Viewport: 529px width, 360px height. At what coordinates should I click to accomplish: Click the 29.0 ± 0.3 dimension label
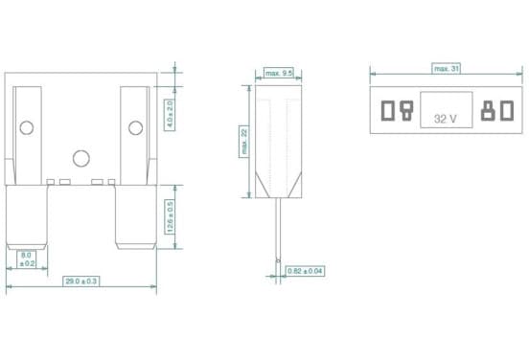[x=80, y=281]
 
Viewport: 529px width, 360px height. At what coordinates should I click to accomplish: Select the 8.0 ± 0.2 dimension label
[x=26, y=259]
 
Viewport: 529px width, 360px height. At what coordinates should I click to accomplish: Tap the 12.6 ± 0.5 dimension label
[x=170, y=216]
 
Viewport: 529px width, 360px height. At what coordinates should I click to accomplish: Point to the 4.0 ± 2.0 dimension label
[x=170, y=115]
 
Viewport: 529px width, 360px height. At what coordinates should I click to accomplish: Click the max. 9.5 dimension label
[x=278, y=73]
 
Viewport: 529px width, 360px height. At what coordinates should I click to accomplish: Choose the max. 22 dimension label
[x=244, y=142]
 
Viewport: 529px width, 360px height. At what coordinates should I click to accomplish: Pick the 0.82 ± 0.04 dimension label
[x=306, y=271]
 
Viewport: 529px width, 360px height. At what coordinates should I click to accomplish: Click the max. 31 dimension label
[x=446, y=68]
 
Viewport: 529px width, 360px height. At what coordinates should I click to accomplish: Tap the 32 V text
[x=446, y=119]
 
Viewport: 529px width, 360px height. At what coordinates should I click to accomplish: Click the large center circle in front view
[x=81, y=158]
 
